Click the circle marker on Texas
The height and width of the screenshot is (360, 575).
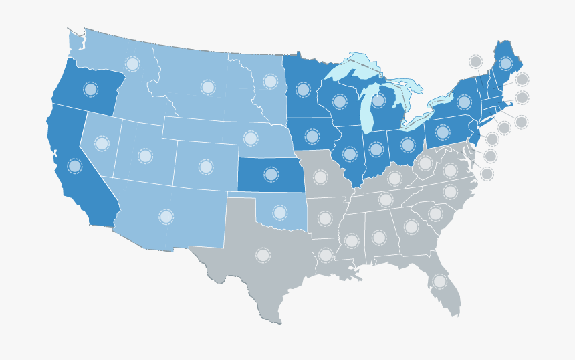263,255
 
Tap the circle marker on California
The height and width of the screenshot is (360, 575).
75,165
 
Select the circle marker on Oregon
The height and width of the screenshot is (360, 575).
90,89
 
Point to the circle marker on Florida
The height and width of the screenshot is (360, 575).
439,282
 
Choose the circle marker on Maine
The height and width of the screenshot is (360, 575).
505,64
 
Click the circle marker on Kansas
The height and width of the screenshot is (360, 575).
271,174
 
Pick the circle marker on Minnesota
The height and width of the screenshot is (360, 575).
303,90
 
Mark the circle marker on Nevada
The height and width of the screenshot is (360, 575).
102,143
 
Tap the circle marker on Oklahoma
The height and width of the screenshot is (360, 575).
279,213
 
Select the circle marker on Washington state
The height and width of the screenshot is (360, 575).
132,64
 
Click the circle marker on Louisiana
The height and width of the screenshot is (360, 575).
326,255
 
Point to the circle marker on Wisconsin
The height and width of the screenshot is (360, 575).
340,102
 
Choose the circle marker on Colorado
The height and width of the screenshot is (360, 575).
206,167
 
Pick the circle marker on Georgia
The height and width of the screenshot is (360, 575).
411,227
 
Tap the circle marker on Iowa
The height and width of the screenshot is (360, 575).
312,137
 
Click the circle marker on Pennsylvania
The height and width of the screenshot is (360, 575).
443,132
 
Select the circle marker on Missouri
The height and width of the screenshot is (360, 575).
320,177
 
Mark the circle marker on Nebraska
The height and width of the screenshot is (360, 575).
251,139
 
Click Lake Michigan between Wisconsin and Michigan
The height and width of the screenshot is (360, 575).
366,110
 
